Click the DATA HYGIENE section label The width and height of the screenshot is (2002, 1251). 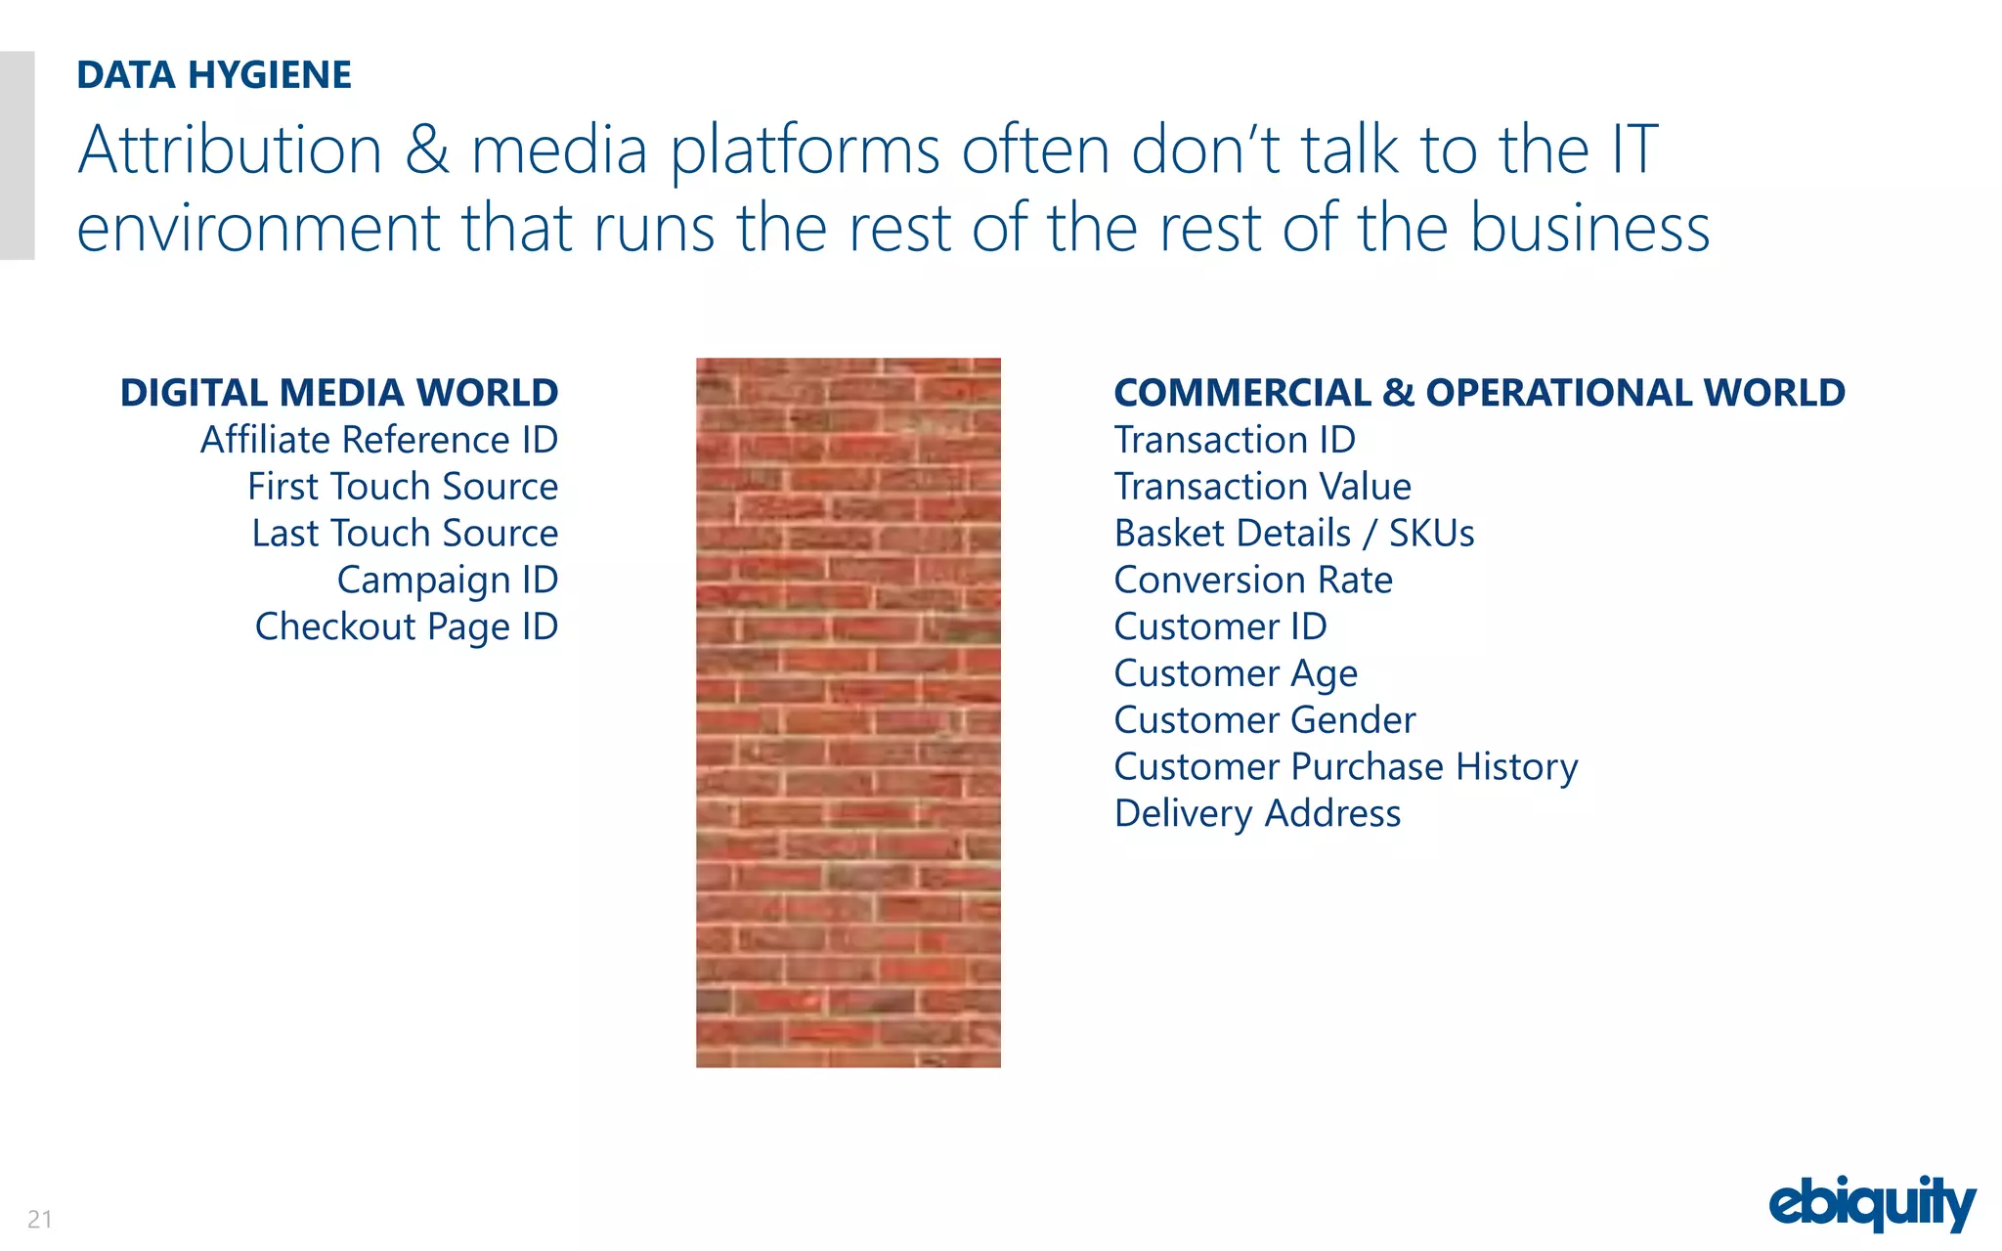pyautogui.click(x=214, y=75)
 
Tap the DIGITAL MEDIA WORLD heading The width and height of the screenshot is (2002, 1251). pyautogui.click(x=338, y=393)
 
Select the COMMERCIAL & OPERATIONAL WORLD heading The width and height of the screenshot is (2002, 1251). pyautogui.click(x=1479, y=393)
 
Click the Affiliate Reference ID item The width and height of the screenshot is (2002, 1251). pyautogui.click(x=379, y=440)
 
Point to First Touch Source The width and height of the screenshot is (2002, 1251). pyautogui.click(x=403, y=487)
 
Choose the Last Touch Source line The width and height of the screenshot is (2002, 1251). pyautogui.click(x=405, y=534)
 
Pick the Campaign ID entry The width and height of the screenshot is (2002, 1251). pyautogui.click(x=448, y=581)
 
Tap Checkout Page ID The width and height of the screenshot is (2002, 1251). pyautogui.click(x=407, y=627)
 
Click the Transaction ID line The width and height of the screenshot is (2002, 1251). pyautogui.click(x=1235, y=440)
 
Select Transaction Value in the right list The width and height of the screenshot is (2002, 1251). pyautogui.click(x=1262, y=487)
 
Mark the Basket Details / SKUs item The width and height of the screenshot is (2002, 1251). pyautogui.click(x=1293, y=534)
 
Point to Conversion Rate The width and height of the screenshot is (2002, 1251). pyautogui.click(x=1253, y=581)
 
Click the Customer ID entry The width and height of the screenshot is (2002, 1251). pyautogui.click(x=1220, y=626)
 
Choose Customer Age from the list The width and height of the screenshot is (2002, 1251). pyautogui.click(x=1236, y=673)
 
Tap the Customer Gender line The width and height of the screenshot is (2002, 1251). pyautogui.click(x=1264, y=720)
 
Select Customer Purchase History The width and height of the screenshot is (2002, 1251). pyautogui.click(x=1345, y=767)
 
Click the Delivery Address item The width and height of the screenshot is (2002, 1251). pyautogui.click(x=1257, y=813)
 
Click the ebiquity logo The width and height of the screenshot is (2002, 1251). pyautogui.click(x=1871, y=1203)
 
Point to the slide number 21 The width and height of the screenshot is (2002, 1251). pyautogui.click(x=40, y=1219)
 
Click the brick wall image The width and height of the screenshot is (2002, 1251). pyautogui.click(x=848, y=712)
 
